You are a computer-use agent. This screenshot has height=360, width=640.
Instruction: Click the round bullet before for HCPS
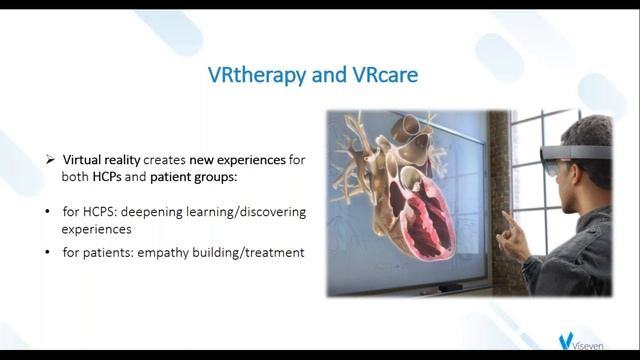(50, 214)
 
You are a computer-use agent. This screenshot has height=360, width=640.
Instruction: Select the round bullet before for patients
(50, 252)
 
